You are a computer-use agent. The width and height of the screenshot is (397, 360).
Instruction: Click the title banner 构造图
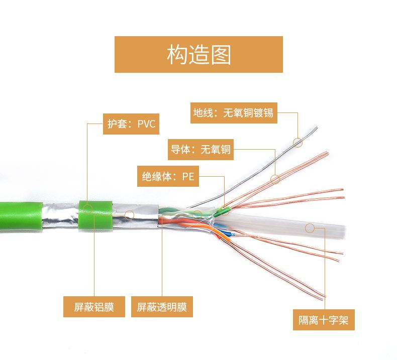pyautogui.click(x=198, y=54)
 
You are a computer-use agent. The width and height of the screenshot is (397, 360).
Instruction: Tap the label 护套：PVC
pyautogui.click(x=131, y=124)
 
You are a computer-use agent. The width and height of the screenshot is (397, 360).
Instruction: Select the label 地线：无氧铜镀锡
pyautogui.click(x=234, y=113)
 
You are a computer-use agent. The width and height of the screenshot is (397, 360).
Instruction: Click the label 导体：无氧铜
pyautogui.click(x=201, y=150)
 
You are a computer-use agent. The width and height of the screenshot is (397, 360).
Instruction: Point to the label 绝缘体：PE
pyautogui.click(x=168, y=176)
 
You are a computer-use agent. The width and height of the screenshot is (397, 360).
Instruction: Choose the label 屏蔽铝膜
pyautogui.click(x=94, y=307)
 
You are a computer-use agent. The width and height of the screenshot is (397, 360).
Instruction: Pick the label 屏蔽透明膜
pyautogui.click(x=162, y=307)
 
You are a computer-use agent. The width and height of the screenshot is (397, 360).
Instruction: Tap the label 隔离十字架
pyautogui.click(x=324, y=320)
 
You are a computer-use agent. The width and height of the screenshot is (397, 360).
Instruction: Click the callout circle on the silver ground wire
pyautogui.click(x=297, y=143)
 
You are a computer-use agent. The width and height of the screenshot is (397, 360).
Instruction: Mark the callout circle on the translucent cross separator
pyautogui.click(x=310, y=228)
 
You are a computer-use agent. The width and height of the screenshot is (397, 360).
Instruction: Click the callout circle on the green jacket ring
pyautogui.click(x=87, y=209)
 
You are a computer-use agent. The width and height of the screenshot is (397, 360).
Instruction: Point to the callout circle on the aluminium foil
pyautogui.click(x=129, y=215)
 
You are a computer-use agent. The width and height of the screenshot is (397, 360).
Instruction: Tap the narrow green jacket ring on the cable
pyautogui.click(x=95, y=215)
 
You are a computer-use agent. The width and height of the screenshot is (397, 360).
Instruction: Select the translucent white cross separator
pyautogui.click(x=281, y=226)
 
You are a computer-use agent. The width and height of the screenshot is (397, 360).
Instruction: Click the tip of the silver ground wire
pyautogui.click(x=317, y=127)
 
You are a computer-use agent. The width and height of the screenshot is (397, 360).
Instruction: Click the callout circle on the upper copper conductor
pyautogui.click(x=275, y=179)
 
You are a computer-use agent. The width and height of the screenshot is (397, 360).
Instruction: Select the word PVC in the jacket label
pyautogui.click(x=146, y=124)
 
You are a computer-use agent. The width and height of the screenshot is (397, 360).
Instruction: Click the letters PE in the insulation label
pyautogui.click(x=188, y=176)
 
